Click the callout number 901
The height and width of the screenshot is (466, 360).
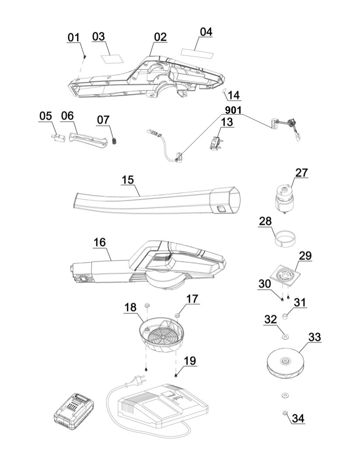point(233,110)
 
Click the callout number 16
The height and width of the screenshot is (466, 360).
point(99,243)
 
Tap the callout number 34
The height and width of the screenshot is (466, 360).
point(298,418)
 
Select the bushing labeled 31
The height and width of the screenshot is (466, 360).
point(285,315)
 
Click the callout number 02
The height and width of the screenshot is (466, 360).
point(160,37)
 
